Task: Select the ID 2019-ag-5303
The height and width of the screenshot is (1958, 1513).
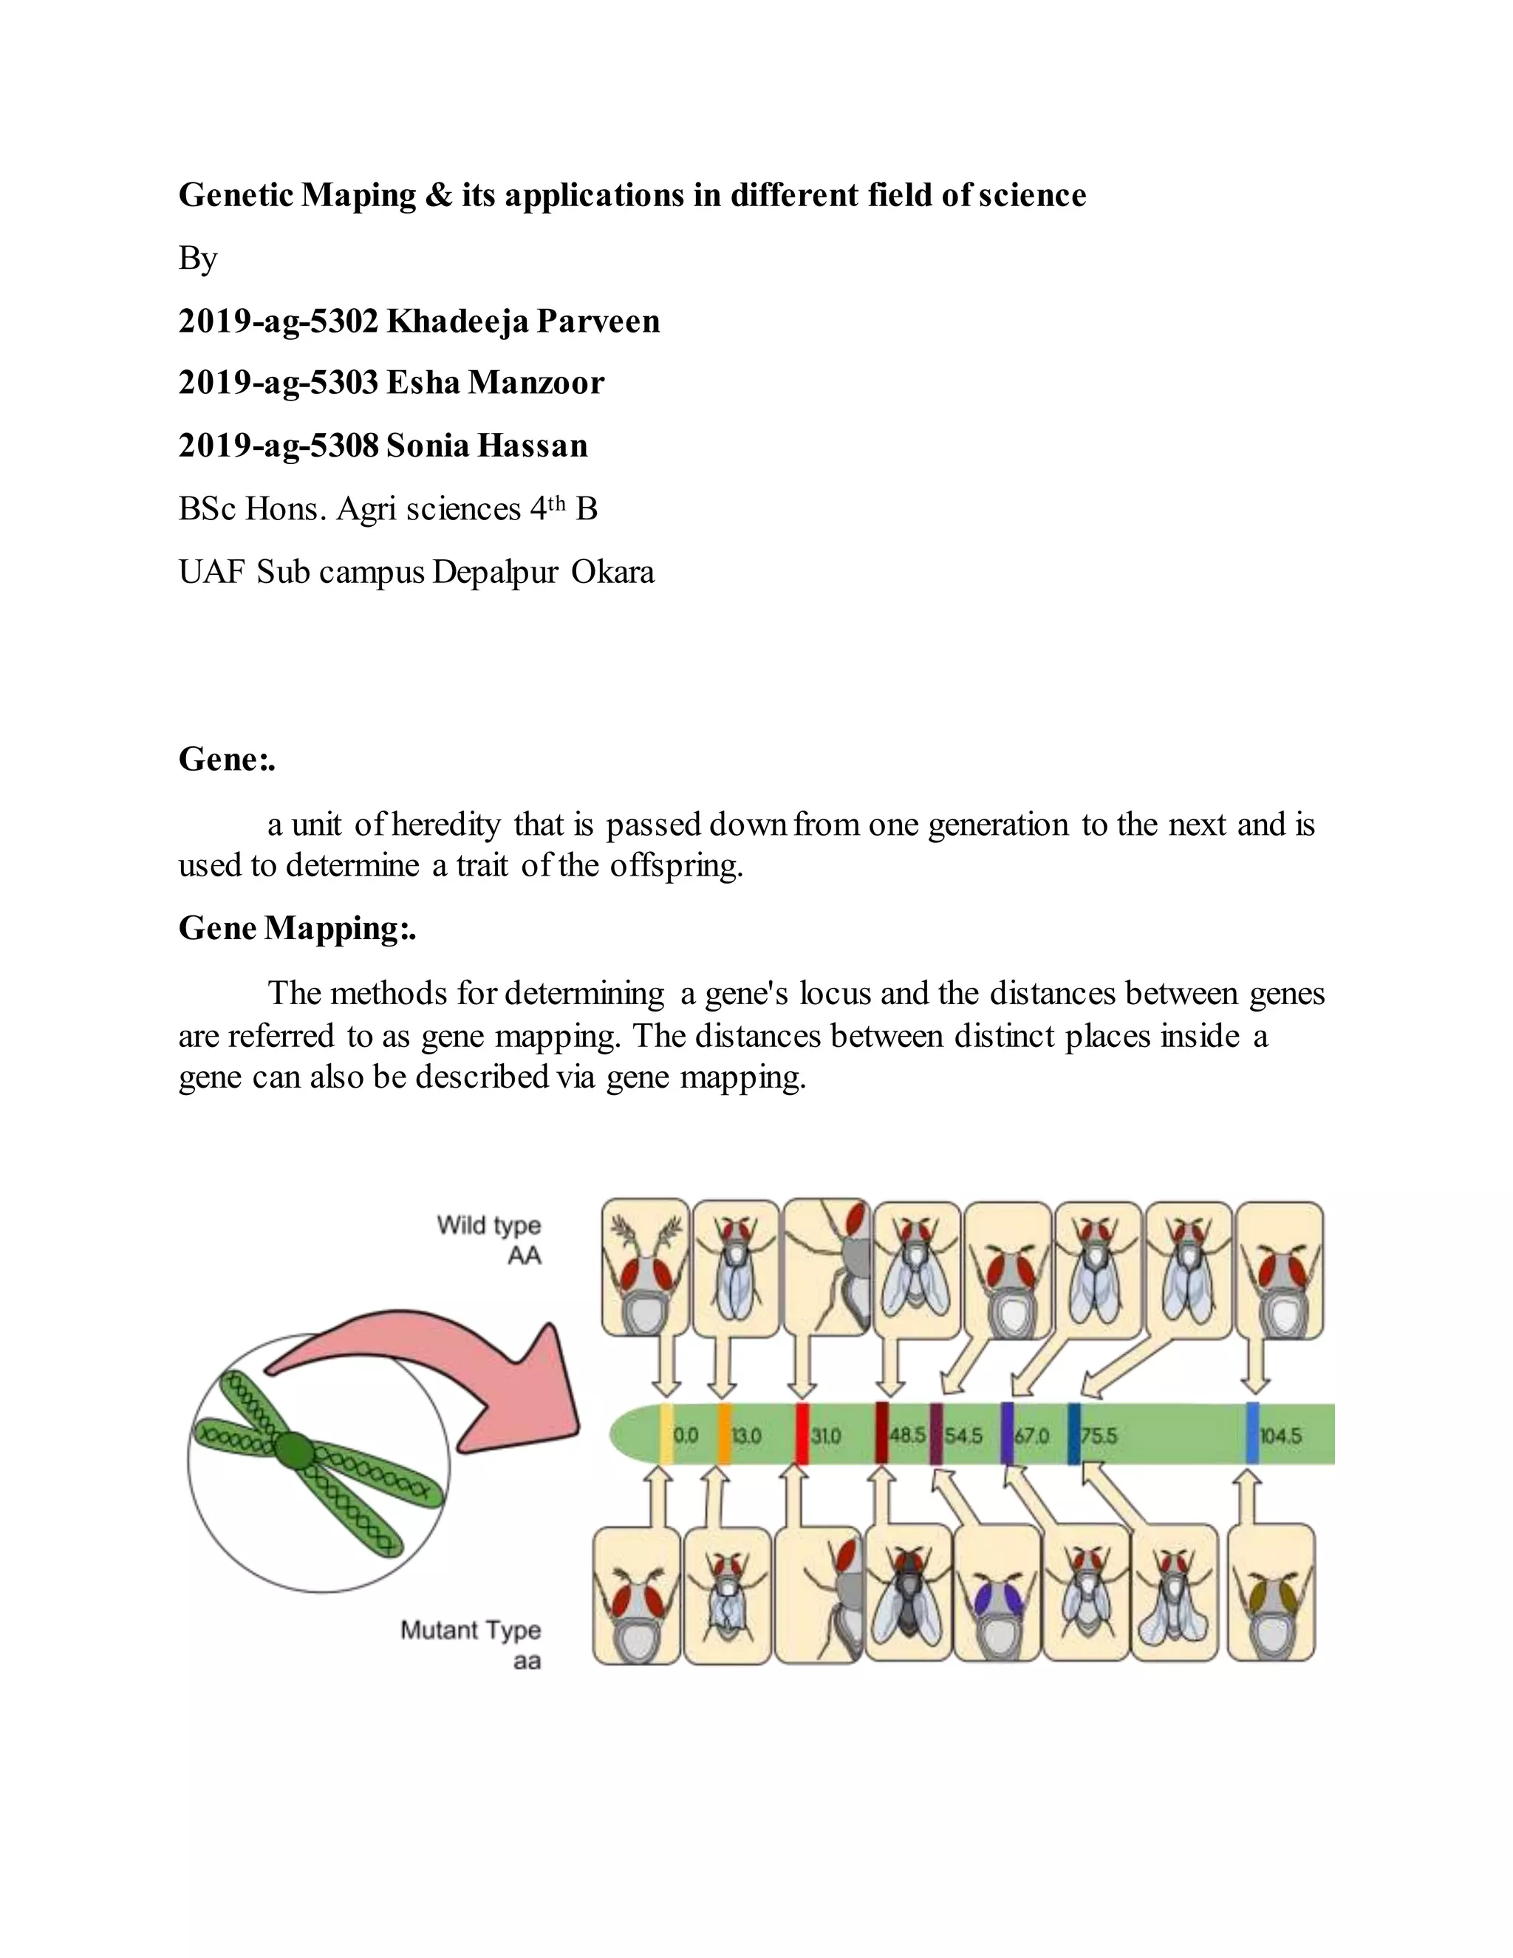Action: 278,383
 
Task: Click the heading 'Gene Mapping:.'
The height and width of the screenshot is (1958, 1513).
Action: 297,928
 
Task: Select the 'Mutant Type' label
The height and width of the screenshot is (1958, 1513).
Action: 471,1629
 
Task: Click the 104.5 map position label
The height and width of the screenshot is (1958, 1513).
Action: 1280,1436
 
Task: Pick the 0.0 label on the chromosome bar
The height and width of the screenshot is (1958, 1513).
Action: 685,1436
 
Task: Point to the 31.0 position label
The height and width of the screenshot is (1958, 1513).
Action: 825,1436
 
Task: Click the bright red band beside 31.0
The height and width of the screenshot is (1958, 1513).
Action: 802,1433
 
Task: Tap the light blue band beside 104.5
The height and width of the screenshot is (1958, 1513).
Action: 1252,1433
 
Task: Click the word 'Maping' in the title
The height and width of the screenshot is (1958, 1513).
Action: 358,194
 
